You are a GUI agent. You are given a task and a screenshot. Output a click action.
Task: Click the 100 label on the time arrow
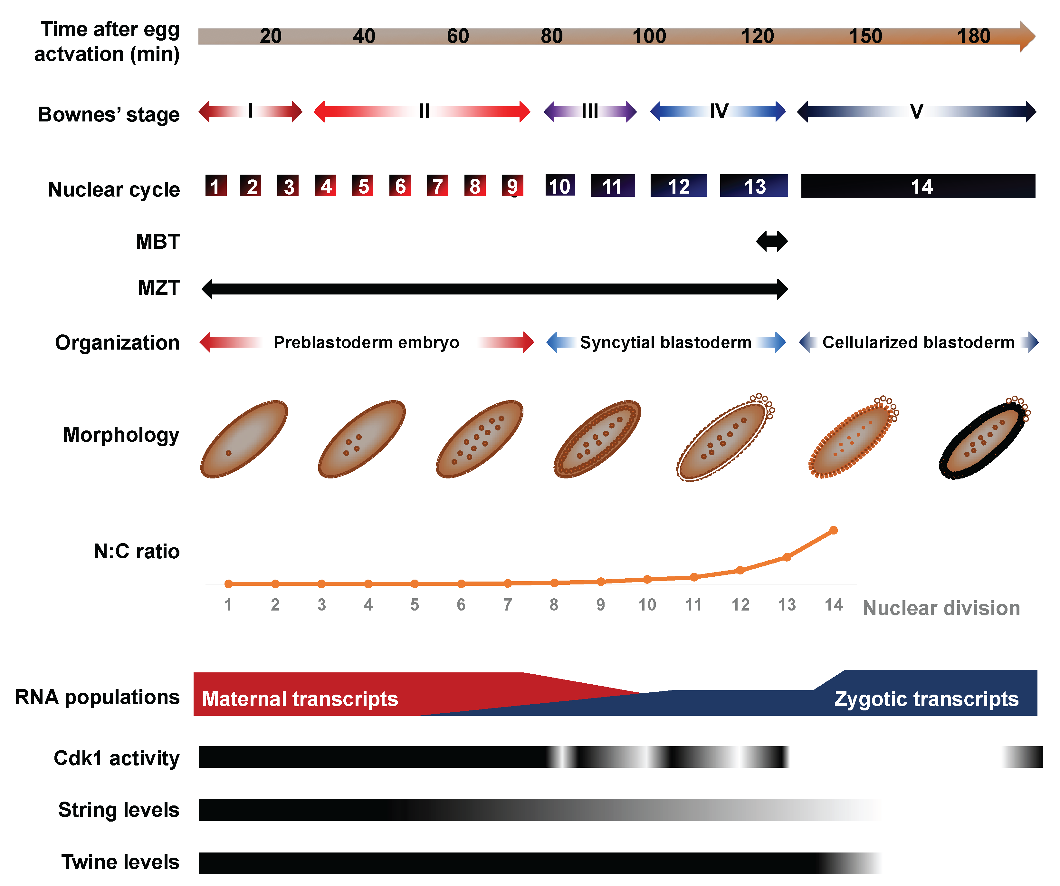tap(649, 36)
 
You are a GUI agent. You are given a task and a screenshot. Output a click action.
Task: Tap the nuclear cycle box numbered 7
tap(437, 186)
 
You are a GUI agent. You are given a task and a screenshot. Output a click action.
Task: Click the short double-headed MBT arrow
tap(771, 241)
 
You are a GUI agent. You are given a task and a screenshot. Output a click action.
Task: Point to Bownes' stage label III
tap(589, 111)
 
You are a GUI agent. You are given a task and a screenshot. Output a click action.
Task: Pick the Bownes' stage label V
tap(916, 111)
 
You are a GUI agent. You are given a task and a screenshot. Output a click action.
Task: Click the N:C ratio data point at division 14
tap(833, 530)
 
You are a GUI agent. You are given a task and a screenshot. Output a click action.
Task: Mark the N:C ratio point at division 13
tap(787, 557)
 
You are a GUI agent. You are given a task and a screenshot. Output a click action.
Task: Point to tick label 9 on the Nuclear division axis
tap(600, 604)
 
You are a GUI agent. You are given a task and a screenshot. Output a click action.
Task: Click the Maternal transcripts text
tap(300, 699)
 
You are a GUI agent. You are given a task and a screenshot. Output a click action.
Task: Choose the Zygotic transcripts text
tap(926, 699)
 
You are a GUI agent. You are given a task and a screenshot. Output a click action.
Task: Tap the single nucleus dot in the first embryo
tap(229, 453)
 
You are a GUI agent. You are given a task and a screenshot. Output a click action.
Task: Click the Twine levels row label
tap(120, 862)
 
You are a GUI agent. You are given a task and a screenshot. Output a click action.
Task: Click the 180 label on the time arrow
tap(974, 36)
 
